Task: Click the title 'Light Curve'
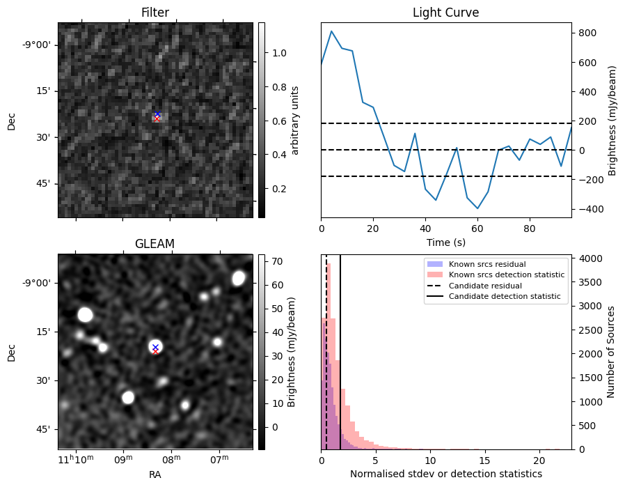(445, 13)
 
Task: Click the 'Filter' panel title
(155, 13)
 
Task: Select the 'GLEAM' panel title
(155, 243)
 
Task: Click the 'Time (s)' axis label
(445, 242)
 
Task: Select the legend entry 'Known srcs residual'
(486, 264)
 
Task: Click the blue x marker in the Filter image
(157, 114)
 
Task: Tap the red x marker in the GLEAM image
(155, 351)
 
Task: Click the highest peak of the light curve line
(332, 31)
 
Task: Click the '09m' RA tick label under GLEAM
(123, 459)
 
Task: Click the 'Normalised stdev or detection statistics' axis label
(445, 474)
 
